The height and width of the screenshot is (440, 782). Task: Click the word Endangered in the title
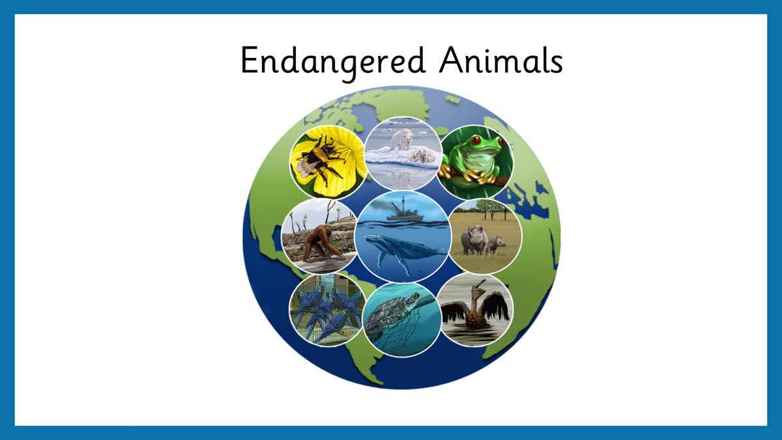click(333, 62)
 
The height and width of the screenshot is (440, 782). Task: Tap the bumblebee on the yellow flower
click(318, 159)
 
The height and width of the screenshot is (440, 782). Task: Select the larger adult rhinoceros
click(474, 241)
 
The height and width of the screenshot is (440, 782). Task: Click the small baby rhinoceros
click(496, 245)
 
